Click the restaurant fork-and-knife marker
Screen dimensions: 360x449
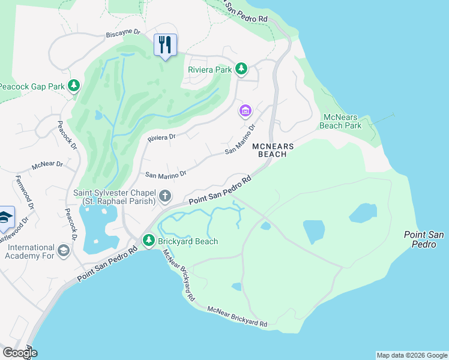click(165, 45)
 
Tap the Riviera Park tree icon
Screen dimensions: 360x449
click(241, 70)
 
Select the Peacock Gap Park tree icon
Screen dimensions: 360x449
click(73, 86)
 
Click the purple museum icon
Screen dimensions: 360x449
click(245, 111)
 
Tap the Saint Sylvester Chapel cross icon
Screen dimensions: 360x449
click(165, 196)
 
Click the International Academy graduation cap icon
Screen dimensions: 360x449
click(64, 249)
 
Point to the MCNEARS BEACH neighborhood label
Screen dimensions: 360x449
click(277, 150)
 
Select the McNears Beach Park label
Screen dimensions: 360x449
click(342, 121)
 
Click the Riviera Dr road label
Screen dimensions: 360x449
click(161, 137)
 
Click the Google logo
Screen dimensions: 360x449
click(19, 353)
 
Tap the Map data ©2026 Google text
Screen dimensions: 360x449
click(411, 355)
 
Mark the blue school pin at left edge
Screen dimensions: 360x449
click(5, 218)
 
